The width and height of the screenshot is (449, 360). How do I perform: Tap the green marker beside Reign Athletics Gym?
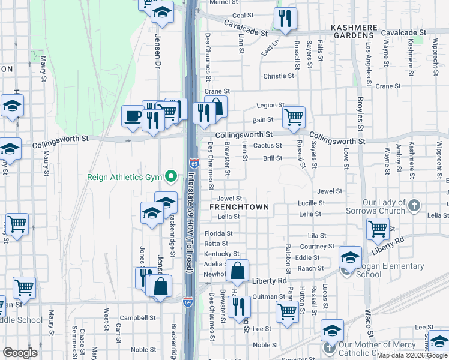[171, 176]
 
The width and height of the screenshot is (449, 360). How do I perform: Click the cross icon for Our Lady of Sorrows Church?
[414, 206]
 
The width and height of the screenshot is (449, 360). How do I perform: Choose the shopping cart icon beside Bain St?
[294, 116]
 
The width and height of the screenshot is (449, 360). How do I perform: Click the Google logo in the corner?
[20, 353]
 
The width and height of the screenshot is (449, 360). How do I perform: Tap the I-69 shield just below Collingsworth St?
[193, 163]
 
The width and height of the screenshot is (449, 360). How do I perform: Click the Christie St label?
[279, 76]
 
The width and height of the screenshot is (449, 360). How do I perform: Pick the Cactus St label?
[268, 145]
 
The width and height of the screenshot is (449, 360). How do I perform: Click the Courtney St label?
[317, 247]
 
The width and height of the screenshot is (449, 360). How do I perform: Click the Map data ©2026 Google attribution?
[412, 355]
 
